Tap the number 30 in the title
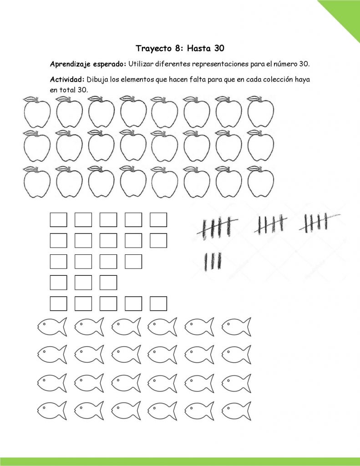click(217, 48)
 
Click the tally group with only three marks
click(213, 261)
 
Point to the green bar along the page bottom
click(180, 461)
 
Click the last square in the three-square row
click(108, 282)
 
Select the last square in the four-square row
click(133, 261)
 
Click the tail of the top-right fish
click(246, 327)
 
